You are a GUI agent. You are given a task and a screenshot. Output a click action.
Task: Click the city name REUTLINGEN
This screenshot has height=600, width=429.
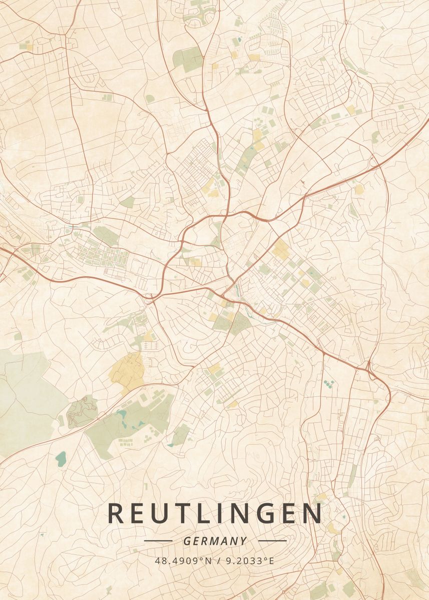[x=215, y=514]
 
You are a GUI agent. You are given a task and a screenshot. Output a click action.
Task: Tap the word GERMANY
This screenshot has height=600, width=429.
[x=215, y=541]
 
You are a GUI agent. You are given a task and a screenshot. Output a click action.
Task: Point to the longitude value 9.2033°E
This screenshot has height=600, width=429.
[x=250, y=560]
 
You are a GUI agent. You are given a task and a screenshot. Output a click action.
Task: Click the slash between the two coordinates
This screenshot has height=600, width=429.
[x=218, y=560]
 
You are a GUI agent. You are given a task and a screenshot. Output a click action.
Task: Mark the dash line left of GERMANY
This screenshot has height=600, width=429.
[x=158, y=540]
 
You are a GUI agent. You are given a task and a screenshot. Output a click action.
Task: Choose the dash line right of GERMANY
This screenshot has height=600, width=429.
[x=272, y=540]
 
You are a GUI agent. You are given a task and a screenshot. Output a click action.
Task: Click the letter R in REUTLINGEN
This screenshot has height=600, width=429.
[x=115, y=514]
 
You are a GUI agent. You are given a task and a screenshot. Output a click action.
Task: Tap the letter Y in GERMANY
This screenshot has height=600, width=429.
[x=243, y=541]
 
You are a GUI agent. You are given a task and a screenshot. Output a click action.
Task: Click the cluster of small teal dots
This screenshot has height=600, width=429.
[x=329, y=384]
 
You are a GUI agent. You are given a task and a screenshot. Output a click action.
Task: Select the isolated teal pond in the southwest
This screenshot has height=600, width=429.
[x=61, y=458]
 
